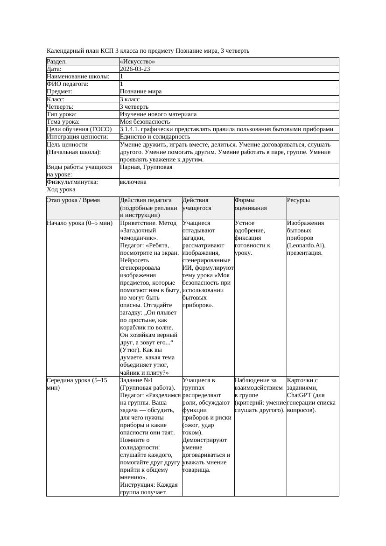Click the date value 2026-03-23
[135, 69]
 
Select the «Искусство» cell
[137, 62]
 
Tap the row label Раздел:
[57, 62]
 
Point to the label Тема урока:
[64, 122]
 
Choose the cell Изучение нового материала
[158, 114]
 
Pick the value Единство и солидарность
[155, 137]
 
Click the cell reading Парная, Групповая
[146, 167]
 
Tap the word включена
[133, 182]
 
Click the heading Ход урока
[61, 189]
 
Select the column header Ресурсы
[298, 200]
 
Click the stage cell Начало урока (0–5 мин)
[80, 223]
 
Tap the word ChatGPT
[299, 395]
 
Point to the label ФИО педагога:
[68, 84]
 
